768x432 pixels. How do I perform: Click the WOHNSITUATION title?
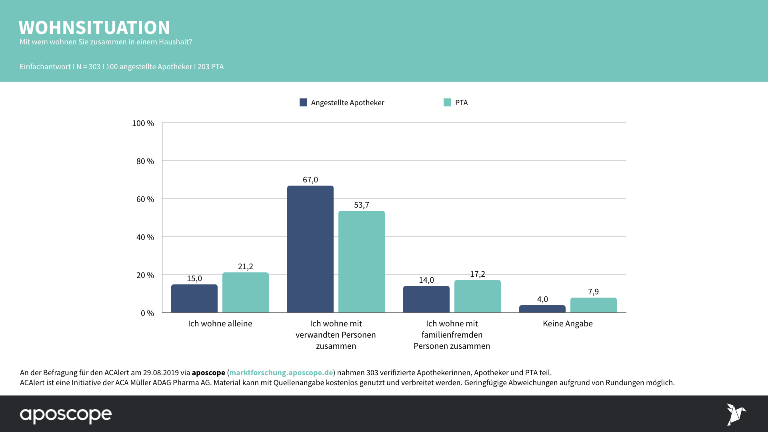tap(94, 28)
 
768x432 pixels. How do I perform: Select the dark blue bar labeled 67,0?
tap(310, 249)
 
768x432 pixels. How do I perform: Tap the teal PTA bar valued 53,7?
tap(361, 262)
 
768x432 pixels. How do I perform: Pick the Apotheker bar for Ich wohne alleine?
tap(194, 298)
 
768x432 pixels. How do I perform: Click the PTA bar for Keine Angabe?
tap(593, 305)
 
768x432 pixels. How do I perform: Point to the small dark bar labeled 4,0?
tap(542, 309)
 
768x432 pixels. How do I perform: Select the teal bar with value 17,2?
tap(477, 296)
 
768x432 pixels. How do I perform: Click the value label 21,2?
tap(245, 266)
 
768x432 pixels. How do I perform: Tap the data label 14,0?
tap(426, 280)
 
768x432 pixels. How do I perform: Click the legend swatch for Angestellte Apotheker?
tap(303, 102)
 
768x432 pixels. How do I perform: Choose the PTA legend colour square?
tap(447, 102)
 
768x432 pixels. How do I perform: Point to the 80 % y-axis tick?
tap(145, 161)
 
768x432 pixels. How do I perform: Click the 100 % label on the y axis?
tap(143, 123)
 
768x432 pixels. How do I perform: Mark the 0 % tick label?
tap(147, 313)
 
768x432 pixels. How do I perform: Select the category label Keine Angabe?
tap(568, 324)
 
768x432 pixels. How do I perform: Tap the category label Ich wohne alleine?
tap(220, 324)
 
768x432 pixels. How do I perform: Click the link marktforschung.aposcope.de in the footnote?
tap(281, 372)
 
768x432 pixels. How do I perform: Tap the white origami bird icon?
tap(736, 414)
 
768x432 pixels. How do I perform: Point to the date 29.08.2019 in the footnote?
tap(161, 372)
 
